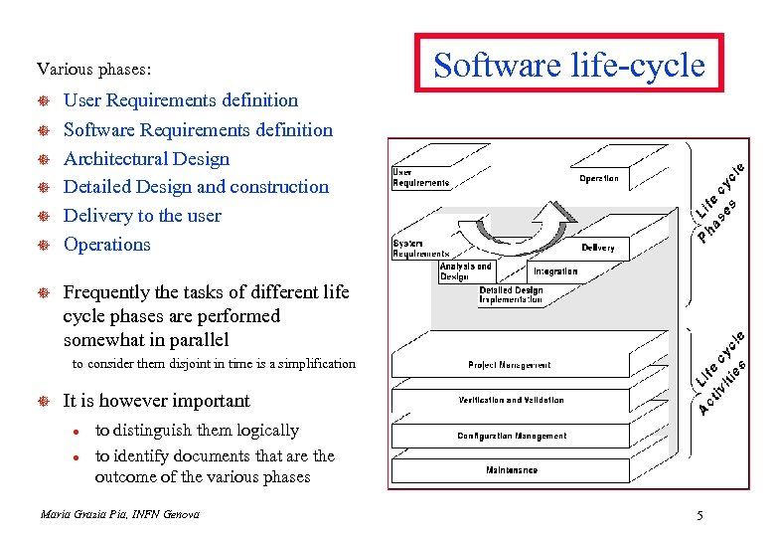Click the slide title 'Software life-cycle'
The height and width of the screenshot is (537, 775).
point(568,66)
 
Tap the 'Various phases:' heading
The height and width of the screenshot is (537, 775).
point(94,70)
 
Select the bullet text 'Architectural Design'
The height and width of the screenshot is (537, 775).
point(146,158)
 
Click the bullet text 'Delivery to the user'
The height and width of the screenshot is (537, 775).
point(142,215)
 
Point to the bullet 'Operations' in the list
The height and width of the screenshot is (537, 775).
point(106,244)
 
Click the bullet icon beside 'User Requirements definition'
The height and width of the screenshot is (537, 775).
point(44,101)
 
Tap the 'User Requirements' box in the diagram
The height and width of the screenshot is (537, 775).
point(420,177)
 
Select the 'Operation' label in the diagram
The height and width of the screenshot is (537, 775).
point(599,179)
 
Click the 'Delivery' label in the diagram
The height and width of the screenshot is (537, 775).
point(598,248)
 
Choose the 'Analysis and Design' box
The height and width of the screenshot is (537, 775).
point(465,271)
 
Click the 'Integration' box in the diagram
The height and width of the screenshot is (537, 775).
point(555,270)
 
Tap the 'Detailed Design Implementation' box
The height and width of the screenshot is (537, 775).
point(511,294)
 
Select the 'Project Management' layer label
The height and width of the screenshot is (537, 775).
point(509,365)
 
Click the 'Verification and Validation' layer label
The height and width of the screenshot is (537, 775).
point(511,400)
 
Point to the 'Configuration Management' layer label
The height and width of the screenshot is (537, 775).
point(512,436)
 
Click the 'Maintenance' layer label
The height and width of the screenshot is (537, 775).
point(512,469)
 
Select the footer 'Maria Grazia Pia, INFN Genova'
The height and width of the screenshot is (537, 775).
point(119,514)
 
